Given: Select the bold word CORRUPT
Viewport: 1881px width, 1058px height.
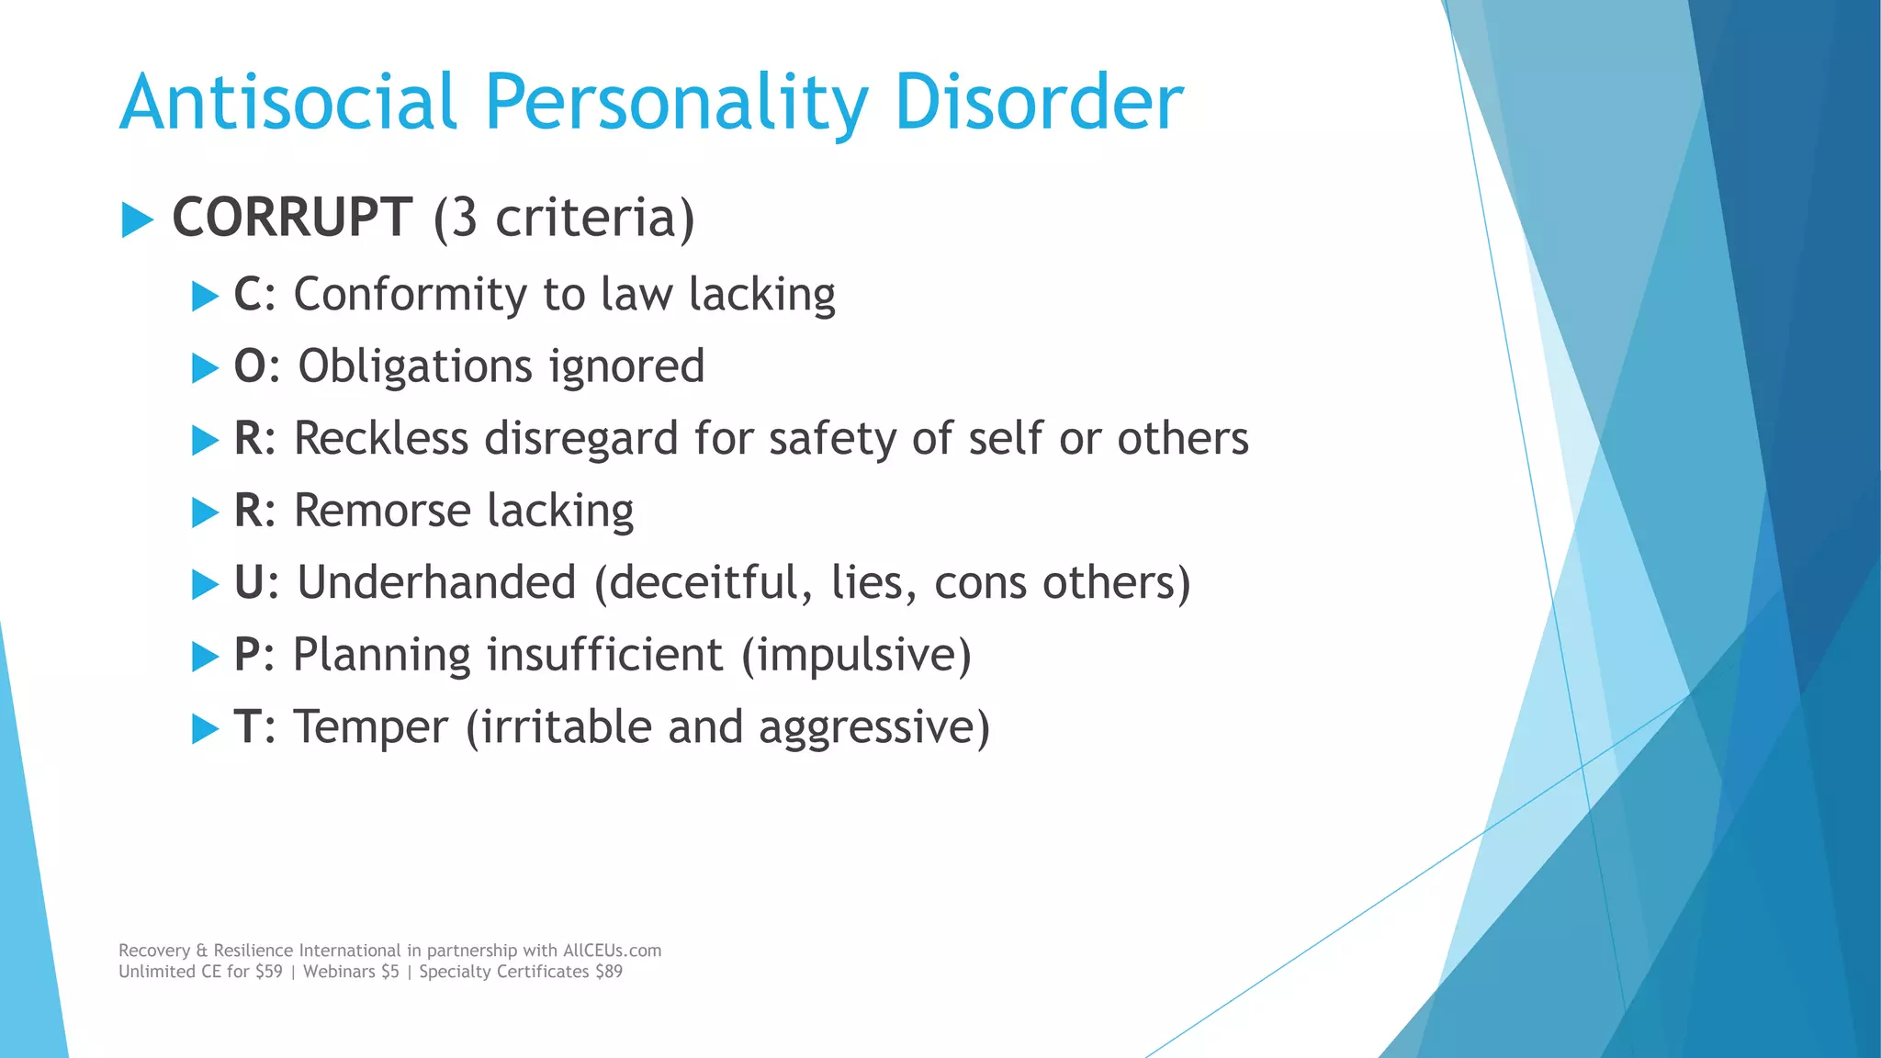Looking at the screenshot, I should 292,218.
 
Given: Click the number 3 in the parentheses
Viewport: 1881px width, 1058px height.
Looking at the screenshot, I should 465,218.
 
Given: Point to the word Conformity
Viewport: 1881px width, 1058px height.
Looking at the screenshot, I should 410,295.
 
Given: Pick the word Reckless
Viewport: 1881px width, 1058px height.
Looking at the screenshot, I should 381,438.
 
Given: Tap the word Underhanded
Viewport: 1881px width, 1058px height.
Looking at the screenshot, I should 436,582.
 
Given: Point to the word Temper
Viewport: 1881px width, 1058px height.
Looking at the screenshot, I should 371,727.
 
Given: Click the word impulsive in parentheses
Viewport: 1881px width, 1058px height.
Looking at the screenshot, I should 856,655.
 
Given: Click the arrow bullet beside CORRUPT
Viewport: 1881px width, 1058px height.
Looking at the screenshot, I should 137,219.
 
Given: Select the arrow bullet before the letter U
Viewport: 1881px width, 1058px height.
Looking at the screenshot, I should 205,584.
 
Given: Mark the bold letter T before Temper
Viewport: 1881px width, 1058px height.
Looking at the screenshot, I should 247,727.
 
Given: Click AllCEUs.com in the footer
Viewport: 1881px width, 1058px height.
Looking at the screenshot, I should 612,951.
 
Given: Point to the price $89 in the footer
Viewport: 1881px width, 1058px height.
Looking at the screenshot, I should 609,972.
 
